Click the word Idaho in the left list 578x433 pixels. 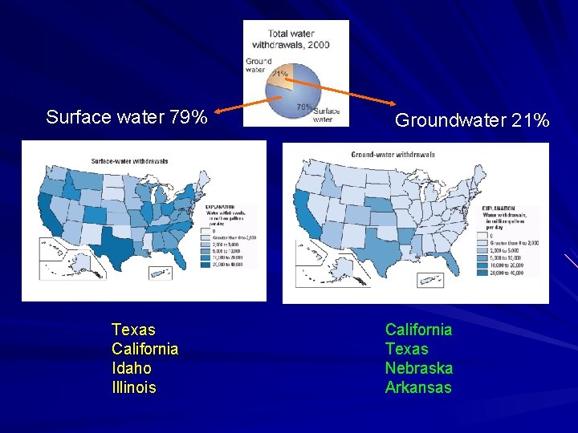132,369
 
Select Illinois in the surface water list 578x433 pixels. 134,388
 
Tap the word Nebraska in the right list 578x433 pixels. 418,369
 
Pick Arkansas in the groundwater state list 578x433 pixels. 418,388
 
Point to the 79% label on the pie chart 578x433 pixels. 304,107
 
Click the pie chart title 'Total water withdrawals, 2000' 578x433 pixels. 298,39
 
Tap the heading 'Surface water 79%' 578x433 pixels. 127,117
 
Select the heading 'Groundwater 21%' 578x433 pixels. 472,121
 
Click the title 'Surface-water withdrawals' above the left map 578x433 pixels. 130,161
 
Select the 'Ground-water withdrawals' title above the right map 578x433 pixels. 393,155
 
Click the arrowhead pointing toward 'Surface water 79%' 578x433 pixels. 219,111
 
